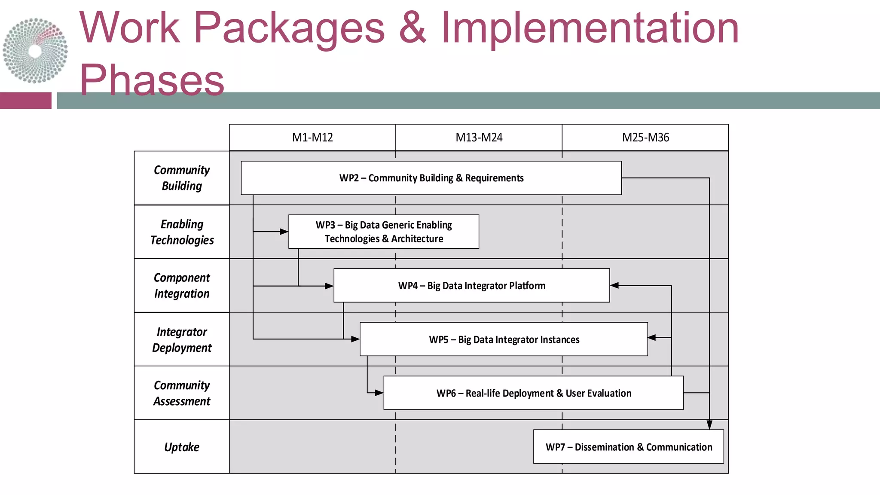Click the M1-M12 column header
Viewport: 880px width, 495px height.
pyautogui.click(x=312, y=137)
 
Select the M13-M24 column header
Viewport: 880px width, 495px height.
pyautogui.click(x=479, y=137)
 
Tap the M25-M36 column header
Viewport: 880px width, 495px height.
pyautogui.click(x=645, y=137)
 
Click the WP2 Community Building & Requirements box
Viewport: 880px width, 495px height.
pyautogui.click(x=431, y=178)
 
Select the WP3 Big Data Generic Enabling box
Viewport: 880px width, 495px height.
pyautogui.click(x=383, y=232)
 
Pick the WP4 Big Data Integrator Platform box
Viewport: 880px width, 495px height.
pyautogui.click(x=471, y=285)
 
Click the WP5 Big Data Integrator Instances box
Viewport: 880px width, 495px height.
pyautogui.click(x=504, y=339)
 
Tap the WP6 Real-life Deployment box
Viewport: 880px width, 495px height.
pyautogui.click(x=533, y=393)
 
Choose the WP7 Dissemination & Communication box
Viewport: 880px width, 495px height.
pyautogui.click(x=628, y=446)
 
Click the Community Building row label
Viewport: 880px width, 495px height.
pyautogui.click(x=182, y=178)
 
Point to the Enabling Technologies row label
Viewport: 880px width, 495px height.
pyautogui.click(x=182, y=232)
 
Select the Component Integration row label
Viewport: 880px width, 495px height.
pyautogui.click(x=182, y=285)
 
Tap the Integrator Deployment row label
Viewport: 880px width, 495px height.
pyautogui.click(x=182, y=339)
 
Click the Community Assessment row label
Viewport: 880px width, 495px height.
pyautogui.click(x=182, y=393)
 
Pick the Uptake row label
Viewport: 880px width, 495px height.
pyautogui.click(x=182, y=446)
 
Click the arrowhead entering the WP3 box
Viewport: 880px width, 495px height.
pyautogui.click(x=284, y=232)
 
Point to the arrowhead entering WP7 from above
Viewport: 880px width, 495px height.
pyautogui.click(x=709, y=425)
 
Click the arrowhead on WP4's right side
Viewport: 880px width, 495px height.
pyautogui.click(x=614, y=285)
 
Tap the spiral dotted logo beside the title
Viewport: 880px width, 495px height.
pyautogui.click(x=35, y=51)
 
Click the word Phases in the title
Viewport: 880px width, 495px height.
pyautogui.click(x=152, y=80)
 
